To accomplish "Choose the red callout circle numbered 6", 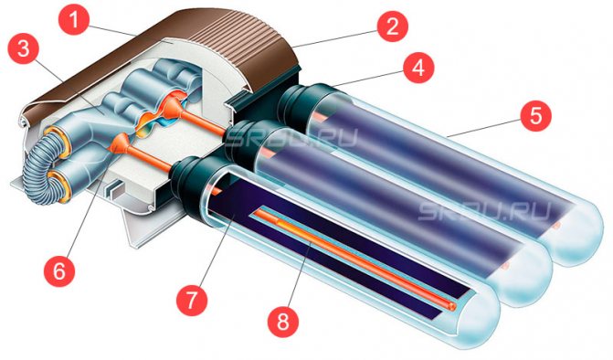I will click(57, 270).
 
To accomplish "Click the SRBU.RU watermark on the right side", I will click(484, 210).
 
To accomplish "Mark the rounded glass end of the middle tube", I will click(530, 270).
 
